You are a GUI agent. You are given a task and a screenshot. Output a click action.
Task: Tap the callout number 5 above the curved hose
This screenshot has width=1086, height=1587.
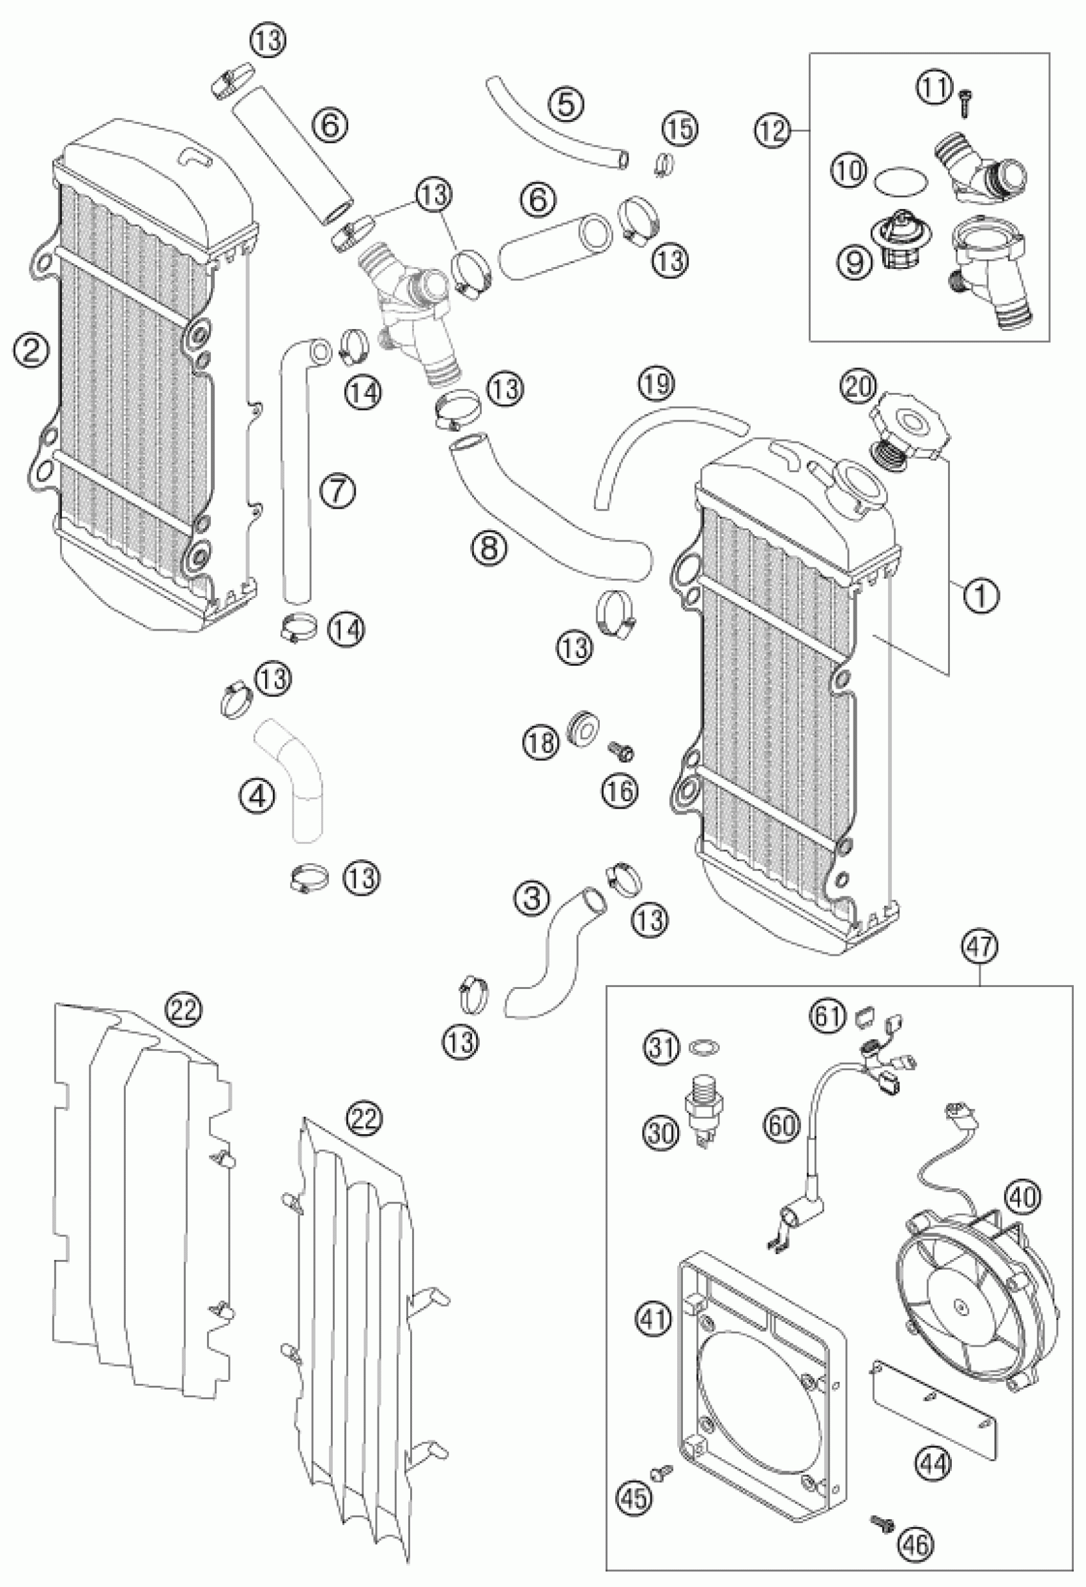(x=570, y=102)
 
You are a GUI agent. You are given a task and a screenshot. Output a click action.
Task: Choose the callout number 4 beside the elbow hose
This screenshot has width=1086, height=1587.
(x=256, y=795)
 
